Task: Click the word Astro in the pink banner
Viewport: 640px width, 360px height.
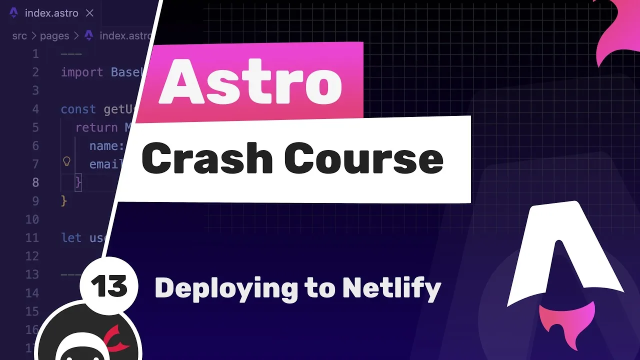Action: tap(250, 82)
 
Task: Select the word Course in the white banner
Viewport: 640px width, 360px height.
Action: tap(363, 159)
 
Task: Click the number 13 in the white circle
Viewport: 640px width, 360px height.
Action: tap(109, 287)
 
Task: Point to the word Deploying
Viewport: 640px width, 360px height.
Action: tap(226, 288)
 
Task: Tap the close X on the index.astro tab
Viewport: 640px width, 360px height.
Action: tap(89, 13)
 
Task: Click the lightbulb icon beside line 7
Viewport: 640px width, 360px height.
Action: tap(66, 161)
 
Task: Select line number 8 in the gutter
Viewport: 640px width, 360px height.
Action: tap(35, 182)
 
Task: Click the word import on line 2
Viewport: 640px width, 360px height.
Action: tap(81, 72)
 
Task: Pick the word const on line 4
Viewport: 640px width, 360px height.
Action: tap(78, 109)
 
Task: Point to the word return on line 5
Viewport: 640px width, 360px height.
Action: tap(96, 127)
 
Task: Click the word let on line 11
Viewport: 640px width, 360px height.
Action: tap(71, 237)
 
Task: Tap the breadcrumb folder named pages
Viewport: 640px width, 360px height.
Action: tap(54, 35)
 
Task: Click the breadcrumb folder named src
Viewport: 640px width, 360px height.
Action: tap(19, 35)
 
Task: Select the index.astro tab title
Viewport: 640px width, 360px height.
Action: tap(51, 13)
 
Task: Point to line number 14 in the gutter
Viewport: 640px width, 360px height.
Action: tap(32, 293)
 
